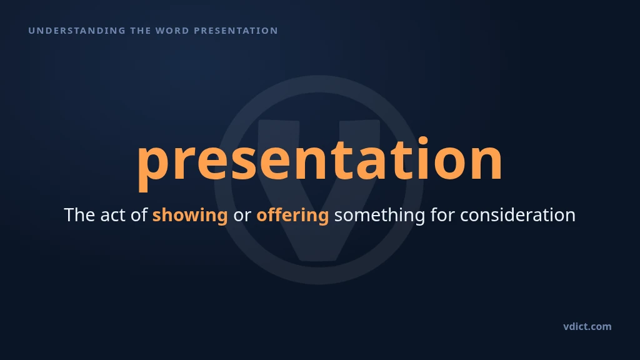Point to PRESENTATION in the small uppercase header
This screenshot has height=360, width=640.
point(236,31)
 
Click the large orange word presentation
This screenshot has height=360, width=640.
point(319,163)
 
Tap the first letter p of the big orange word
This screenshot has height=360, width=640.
point(153,165)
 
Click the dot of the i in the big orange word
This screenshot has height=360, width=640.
point(422,141)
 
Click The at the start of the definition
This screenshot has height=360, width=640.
point(79,215)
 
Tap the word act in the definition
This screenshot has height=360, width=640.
point(112,215)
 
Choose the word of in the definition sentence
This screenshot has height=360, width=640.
point(139,215)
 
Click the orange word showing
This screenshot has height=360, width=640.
point(190,216)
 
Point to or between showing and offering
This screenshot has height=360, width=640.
point(242,217)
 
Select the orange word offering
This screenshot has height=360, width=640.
point(292,216)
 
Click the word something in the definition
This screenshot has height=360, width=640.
point(379,216)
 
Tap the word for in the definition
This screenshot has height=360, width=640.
point(442,215)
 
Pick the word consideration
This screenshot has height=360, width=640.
point(518,215)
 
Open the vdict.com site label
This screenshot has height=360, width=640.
point(587,326)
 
